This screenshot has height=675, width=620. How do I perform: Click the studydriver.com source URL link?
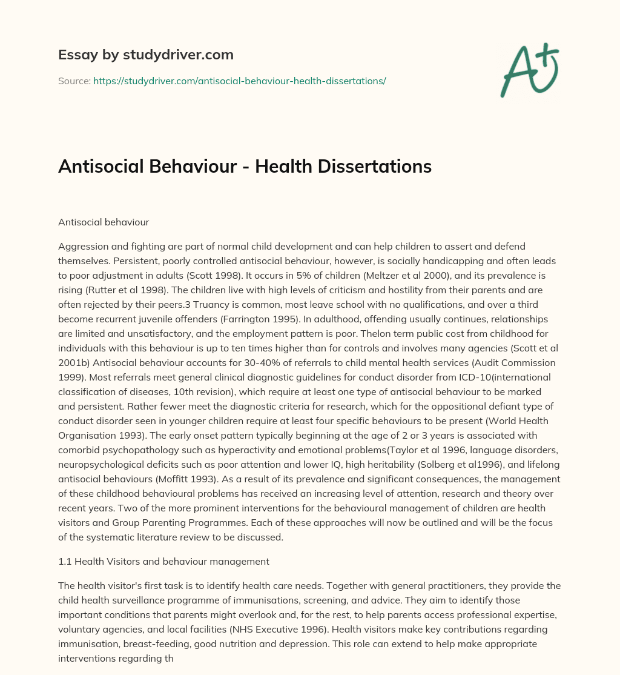click(x=239, y=81)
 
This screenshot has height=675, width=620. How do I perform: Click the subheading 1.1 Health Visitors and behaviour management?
click(x=163, y=561)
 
